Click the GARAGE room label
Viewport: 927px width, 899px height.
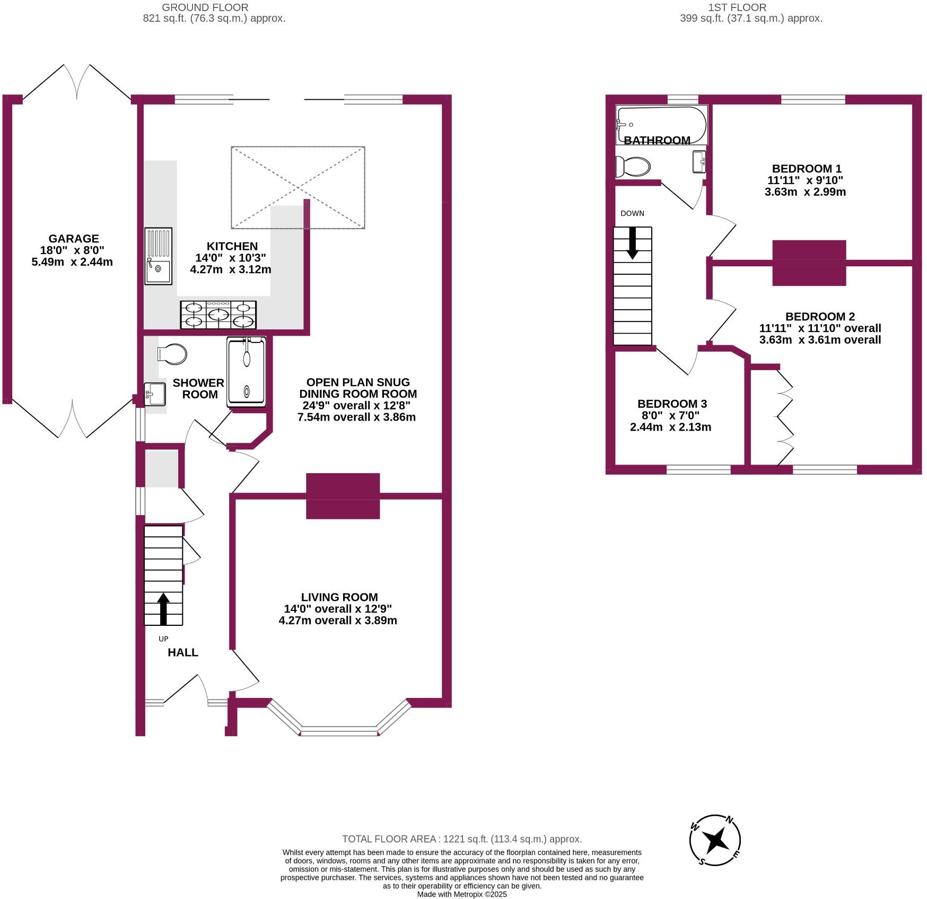(74, 239)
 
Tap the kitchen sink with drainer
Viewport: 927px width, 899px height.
(159, 256)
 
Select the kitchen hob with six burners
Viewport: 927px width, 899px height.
(218, 315)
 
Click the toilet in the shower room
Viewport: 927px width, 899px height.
(172, 354)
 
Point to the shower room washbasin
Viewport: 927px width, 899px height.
(155, 394)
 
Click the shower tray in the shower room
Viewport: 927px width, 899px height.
(247, 372)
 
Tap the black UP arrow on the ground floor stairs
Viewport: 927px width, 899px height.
(163, 609)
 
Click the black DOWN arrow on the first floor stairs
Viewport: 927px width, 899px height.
(632, 243)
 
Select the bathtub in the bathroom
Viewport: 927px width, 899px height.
(661, 125)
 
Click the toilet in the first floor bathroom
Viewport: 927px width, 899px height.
(633, 167)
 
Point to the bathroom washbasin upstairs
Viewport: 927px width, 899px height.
(699, 162)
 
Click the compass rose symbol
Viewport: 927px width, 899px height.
(715, 841)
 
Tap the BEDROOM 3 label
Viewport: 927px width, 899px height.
(672, 404)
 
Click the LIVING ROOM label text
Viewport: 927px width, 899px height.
(339, 597)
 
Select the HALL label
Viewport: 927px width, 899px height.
(183, 652)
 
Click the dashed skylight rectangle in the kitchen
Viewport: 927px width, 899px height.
(298, 147)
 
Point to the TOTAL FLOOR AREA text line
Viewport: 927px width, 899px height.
(462, 839)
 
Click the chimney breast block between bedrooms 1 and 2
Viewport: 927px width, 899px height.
(809, 263)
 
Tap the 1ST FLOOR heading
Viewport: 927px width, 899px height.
(737, 7)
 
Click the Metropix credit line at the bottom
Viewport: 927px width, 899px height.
(462, 894)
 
